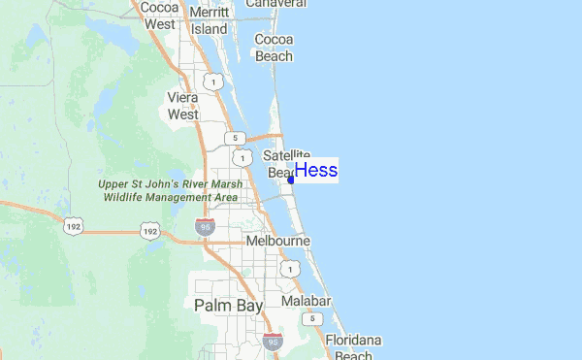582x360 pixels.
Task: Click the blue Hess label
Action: click(316, 171)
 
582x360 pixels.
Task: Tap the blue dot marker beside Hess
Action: click(291, 180)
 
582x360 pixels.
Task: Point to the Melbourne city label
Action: click(277, 240)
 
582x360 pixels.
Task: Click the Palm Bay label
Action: click(228, 305)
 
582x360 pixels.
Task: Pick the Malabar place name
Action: click(307, 301)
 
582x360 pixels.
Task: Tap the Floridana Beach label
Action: click(353, 347)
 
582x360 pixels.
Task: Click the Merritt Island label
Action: click(210, 20)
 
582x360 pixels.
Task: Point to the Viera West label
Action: click(182, 106)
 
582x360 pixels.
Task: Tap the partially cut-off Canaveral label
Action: click(275, 4)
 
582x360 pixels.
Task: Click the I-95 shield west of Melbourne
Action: click(205, 226)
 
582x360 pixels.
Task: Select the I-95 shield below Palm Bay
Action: click(272, 341)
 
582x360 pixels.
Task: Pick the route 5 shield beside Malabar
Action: click(310, 318)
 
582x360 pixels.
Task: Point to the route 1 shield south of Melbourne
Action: click(288, 267)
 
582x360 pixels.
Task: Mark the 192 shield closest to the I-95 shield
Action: click(148, 231)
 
